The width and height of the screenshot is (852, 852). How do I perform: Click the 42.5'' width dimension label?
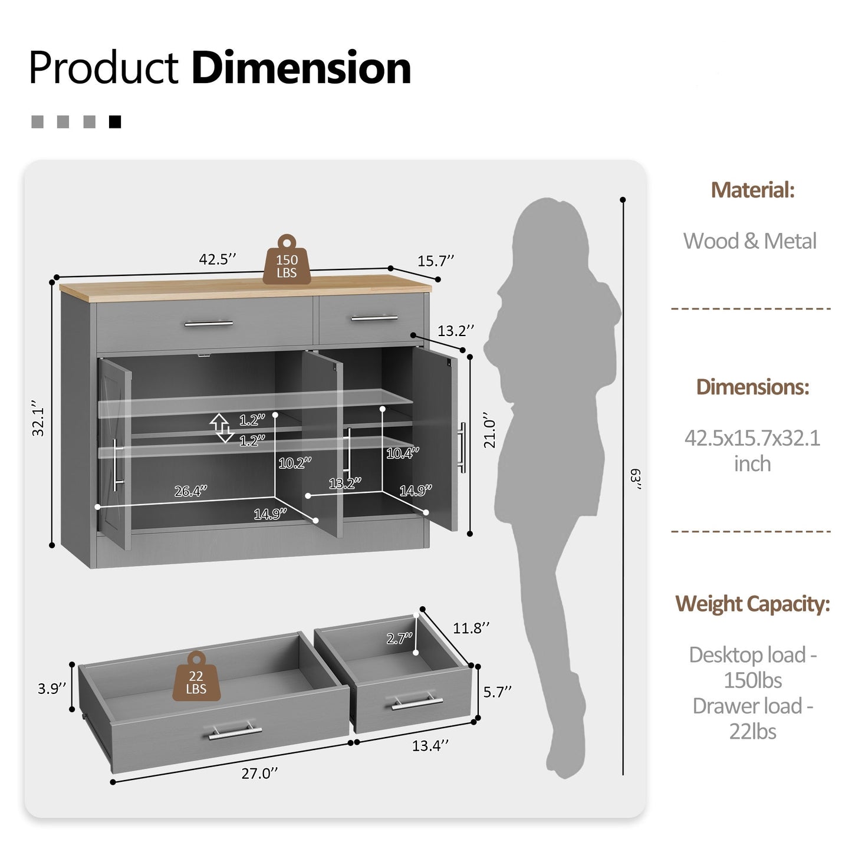pos(218,259)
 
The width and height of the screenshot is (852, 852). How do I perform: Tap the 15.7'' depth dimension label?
pos(436,261)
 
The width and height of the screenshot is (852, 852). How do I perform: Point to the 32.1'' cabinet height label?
pos(38,418)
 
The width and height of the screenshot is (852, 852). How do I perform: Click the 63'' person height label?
pos(636,479)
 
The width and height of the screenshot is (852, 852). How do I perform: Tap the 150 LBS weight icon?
pos(287,259)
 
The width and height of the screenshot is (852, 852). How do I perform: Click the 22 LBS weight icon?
pos(196,676)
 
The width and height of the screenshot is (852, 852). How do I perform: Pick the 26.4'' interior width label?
pos(190,491)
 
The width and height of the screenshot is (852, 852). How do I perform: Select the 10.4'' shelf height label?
pos(403,453)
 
